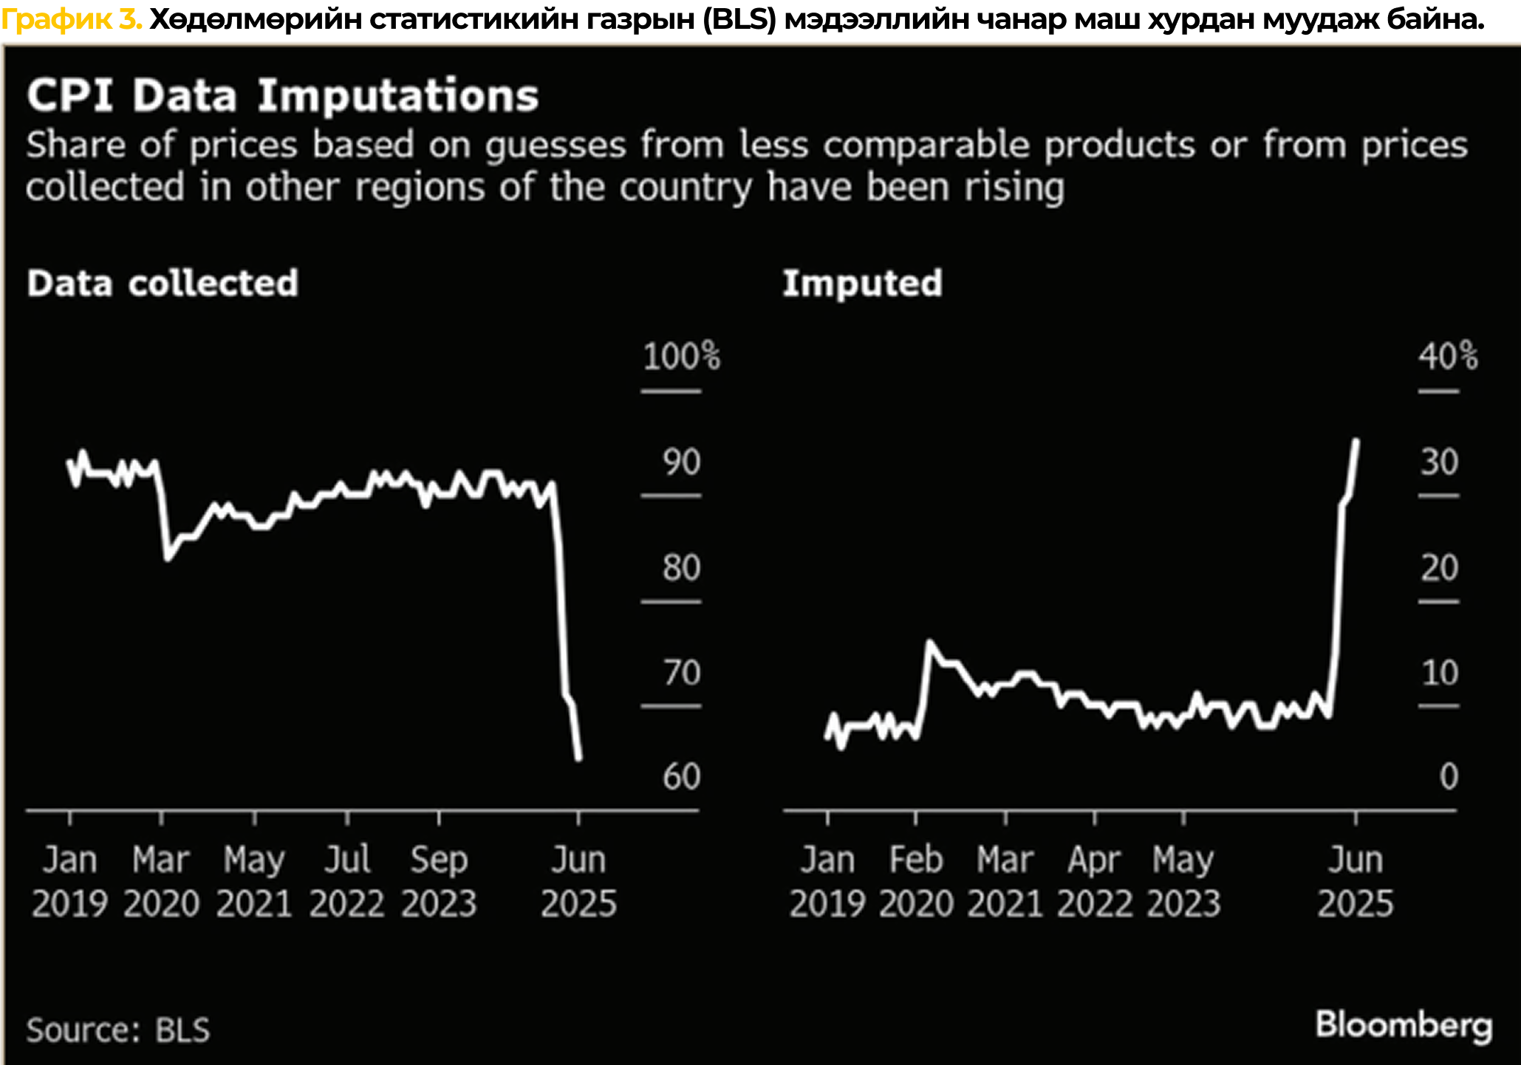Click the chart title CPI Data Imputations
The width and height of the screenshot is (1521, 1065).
pos(282,96)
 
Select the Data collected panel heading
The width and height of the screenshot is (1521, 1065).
pos(163,284)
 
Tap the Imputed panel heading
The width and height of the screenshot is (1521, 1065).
pos(862,284)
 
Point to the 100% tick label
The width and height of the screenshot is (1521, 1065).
pos(680,357)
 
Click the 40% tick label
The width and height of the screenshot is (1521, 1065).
pos(1447,357)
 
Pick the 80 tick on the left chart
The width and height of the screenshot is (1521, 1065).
pos(680,568)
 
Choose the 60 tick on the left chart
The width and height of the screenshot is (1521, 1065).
pos(680,777)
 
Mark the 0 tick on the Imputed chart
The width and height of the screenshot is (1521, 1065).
pos(1449,777)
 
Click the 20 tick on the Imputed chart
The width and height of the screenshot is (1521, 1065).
pos(1439,568)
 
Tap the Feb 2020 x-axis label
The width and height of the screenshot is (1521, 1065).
pos(916,882)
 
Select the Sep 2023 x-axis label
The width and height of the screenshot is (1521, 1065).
pos(439,882)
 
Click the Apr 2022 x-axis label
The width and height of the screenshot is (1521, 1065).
pos(1094,882)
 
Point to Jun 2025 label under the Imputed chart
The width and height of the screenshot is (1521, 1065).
pos(1356,882)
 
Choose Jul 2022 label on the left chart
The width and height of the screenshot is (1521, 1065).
pos(346,882)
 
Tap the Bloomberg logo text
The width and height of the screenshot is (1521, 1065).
pos(1404,1026)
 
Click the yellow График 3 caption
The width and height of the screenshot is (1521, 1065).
pos(72,20)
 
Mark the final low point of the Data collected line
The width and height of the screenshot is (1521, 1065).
pos(578,758)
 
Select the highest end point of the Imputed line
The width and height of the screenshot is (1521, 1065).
pos(1356,441)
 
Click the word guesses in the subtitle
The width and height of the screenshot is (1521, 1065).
pos(556,145)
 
